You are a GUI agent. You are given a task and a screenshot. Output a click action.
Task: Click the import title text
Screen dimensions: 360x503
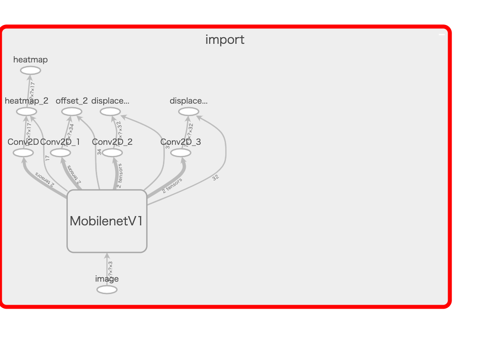[x=225, y=40]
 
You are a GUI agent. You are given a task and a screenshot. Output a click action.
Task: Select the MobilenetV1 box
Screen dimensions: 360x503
[x=107, y=221]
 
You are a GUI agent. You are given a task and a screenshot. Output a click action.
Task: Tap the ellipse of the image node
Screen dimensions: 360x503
[x=107, y=290]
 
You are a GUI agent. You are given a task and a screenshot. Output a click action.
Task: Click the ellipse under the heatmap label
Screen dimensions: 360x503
[x=31, y=70]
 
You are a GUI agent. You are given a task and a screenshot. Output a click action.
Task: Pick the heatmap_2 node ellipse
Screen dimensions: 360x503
[x=27, y=112]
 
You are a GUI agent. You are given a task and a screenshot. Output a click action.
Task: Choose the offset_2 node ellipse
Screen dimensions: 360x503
[x=71, y=112]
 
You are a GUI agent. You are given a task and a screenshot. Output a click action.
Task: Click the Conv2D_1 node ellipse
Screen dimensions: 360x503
[x=60, y=153]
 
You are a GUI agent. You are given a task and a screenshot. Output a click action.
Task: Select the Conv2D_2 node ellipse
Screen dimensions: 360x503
[x=112, y=153]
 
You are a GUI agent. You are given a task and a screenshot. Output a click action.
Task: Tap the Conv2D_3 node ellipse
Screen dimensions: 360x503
[x=180, y=153]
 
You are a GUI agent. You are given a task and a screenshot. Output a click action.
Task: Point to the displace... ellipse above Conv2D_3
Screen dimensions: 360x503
[x=189, y=112]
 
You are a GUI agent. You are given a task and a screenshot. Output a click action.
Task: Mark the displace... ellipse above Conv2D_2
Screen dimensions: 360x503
[x=110, y=112]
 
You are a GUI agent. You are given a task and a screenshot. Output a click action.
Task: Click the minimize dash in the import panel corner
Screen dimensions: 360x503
[x=441, y=35]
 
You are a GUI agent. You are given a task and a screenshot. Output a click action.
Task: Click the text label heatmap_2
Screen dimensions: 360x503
[x=27, y=101]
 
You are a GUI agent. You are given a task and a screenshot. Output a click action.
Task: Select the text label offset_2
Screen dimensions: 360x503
[x=71, y=101]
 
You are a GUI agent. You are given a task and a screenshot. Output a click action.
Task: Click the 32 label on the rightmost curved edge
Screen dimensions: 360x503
[x=215, y=178]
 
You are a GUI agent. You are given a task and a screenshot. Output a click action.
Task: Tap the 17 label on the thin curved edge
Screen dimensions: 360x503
[x=47, y=158]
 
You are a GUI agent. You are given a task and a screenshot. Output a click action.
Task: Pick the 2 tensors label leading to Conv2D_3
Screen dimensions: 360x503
[x=172, y=186]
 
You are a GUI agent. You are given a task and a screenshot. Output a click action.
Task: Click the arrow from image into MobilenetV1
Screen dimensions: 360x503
[x=107, y=261]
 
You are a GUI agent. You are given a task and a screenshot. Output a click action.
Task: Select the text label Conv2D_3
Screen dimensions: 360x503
[x=180, y=142]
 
